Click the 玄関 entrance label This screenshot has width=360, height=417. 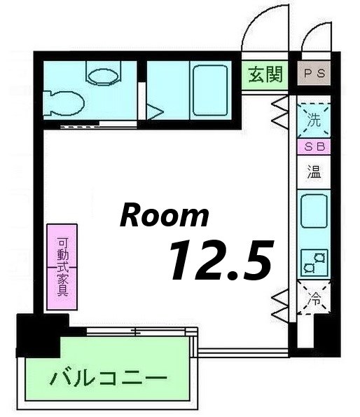point(266,74)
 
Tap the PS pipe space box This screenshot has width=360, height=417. point(314,72)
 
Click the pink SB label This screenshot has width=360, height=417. point(313,147)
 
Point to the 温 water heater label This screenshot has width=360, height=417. point(313,172)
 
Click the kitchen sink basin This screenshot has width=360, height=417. point(313,211)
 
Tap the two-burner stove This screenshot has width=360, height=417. point(313,263)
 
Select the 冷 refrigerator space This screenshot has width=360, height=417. point(314,300)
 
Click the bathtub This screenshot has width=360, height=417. point(210,90)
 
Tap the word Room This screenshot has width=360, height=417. point(164,215)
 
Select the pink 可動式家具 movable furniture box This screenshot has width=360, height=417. point(62,267)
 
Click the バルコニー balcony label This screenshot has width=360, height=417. point(109,379)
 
